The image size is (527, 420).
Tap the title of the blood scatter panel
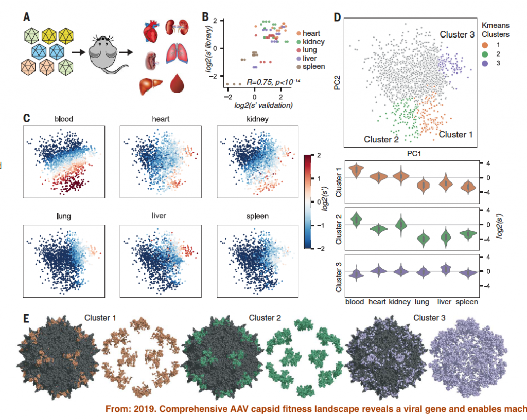click(64, 119)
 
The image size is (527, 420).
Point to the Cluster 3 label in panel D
click(456, 34)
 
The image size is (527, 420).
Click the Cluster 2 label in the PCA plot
click(381, 139)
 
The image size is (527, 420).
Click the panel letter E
click(27, 318)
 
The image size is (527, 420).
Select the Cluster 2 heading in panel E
click(265, 318)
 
